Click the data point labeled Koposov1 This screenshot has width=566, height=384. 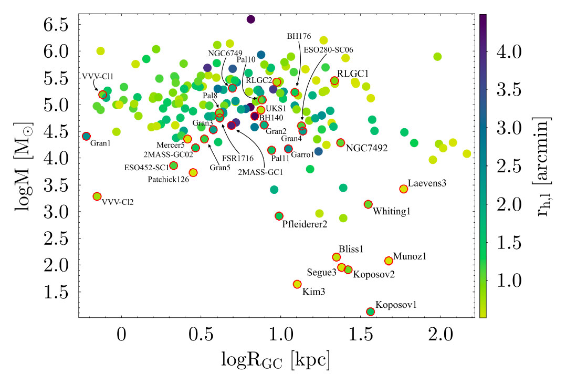370,312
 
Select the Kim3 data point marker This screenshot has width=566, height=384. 297,284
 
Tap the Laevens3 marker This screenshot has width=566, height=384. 403,189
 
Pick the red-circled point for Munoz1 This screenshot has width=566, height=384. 389,261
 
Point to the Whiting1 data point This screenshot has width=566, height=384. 368,204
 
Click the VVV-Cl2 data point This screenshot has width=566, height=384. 97,196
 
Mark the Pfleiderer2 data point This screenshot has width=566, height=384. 279,216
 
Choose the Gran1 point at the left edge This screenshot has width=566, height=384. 87,136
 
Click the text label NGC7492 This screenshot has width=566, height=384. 366,148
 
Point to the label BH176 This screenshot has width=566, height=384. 299,36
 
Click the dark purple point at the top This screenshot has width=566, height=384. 250,19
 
